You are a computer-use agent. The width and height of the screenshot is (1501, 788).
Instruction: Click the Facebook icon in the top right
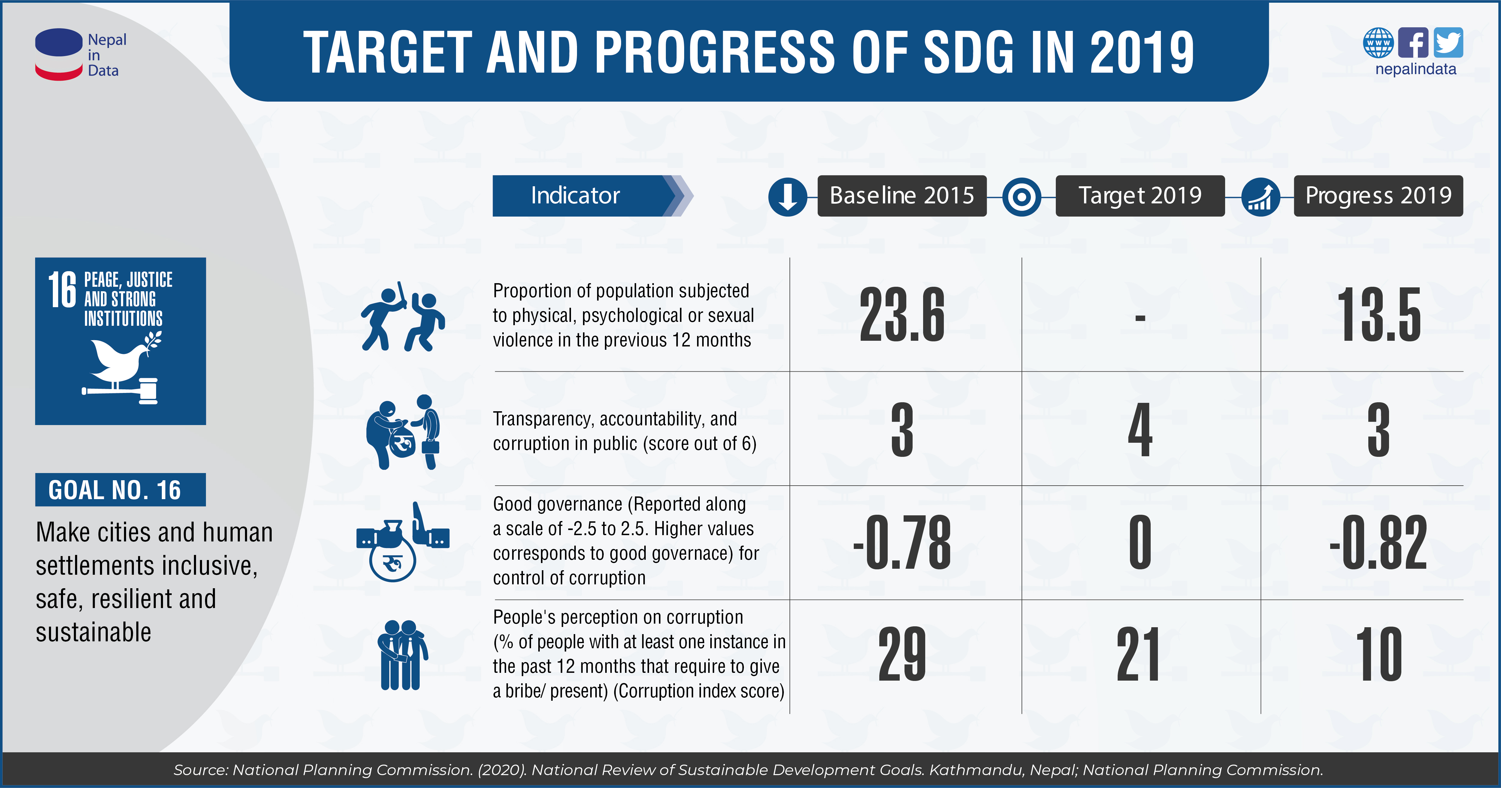coord(1413,43)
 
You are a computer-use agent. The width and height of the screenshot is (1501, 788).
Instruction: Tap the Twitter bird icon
coord(1448,43)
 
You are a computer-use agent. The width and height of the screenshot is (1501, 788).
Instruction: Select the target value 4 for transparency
coord(1140,430)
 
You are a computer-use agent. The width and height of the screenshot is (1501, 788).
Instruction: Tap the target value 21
coord(1138,655)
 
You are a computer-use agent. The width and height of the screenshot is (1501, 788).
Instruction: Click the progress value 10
coord(1379,655)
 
